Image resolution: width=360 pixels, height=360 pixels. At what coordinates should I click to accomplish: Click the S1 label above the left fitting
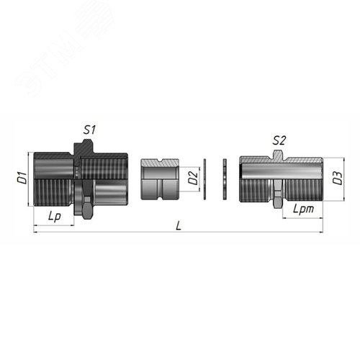pyautogui.click(x=90, y=130)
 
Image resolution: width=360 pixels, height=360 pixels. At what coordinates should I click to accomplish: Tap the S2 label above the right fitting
pyautogui.click(x=279, y=140)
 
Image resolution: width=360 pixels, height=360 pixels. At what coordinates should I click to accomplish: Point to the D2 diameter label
pyautogui.click(x=192, y=179)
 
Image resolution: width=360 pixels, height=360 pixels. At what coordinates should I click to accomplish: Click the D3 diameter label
pyautogui.click(x=337, y=179)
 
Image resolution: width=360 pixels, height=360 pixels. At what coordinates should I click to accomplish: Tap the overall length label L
pyautogui.click(x=179, y=225)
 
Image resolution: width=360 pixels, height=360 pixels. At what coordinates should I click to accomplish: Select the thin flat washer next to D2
pyautogui.click(x=205, y=179)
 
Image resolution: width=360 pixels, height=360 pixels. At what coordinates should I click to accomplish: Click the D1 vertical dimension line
pyautogui.click(x=29, y=179)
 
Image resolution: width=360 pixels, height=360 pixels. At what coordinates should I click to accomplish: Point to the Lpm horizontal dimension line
pyautogui.click(x=303, y=217)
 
